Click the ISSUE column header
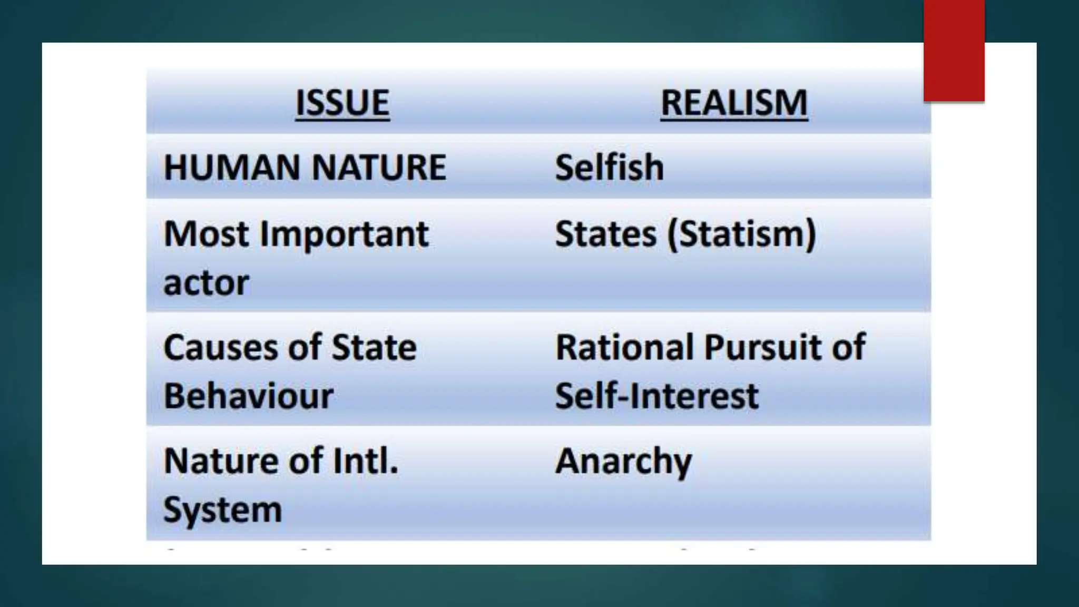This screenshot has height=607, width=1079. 342,103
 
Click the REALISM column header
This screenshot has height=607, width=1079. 734,103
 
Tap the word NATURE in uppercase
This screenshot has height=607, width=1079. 379,168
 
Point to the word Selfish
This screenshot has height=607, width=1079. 609,168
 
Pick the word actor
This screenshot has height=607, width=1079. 206,283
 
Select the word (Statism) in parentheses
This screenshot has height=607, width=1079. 742,234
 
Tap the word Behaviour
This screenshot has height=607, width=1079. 248,396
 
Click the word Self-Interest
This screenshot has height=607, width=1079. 656,396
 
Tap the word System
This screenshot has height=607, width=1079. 222,510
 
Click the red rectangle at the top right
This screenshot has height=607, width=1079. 954,51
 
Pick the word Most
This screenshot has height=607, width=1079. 206,234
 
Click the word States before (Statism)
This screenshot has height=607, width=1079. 606,234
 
